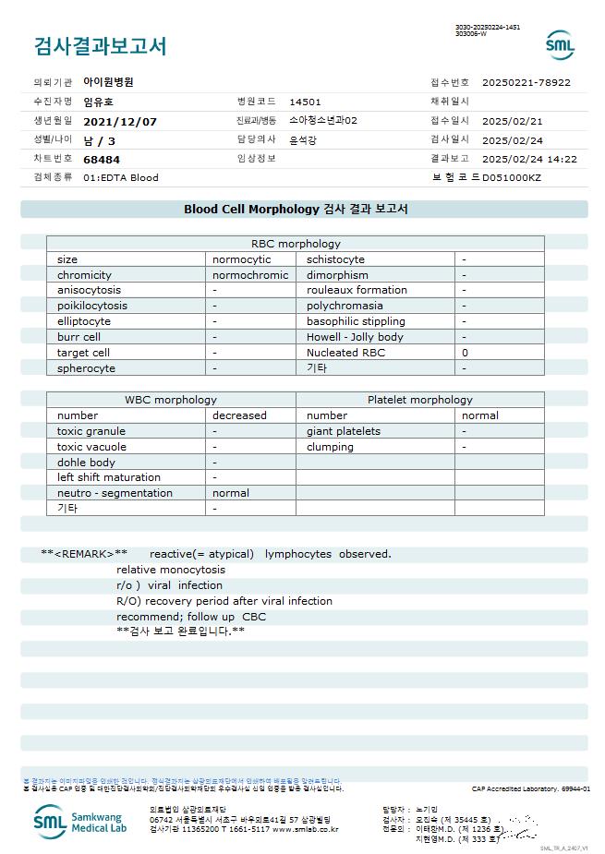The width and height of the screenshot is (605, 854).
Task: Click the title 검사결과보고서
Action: [x=100, y=46]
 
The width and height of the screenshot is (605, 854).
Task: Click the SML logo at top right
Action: [x=560, y=44]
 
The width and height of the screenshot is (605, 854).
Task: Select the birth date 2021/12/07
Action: [x=120, y=121]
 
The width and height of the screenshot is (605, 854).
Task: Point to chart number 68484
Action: [x=102, y=159]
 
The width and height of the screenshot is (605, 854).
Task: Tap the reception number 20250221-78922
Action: [x=526, y=82]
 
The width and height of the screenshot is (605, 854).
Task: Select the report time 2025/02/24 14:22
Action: [x=529, y=159]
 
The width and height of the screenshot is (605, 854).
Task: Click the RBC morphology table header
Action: [x=296, y=244]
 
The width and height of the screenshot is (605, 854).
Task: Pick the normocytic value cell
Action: [x=242, y=259]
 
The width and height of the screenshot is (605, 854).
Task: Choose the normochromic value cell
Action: [x=250, y=275]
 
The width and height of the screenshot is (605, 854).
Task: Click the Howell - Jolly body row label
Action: [x=355, y=337]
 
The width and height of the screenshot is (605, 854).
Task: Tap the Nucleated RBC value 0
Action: [x=465, y=353]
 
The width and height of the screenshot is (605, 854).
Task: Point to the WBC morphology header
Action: [x=171, y=400]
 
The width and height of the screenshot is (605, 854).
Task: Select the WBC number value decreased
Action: [x=239, y=415]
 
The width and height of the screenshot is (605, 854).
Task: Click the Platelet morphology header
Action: [x=419, y=400]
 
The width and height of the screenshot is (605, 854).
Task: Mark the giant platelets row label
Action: [x=344, y=431]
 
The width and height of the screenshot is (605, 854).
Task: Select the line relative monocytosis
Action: [x=171, y=570]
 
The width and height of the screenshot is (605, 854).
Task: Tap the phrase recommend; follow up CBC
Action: [x=191, y=616]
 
